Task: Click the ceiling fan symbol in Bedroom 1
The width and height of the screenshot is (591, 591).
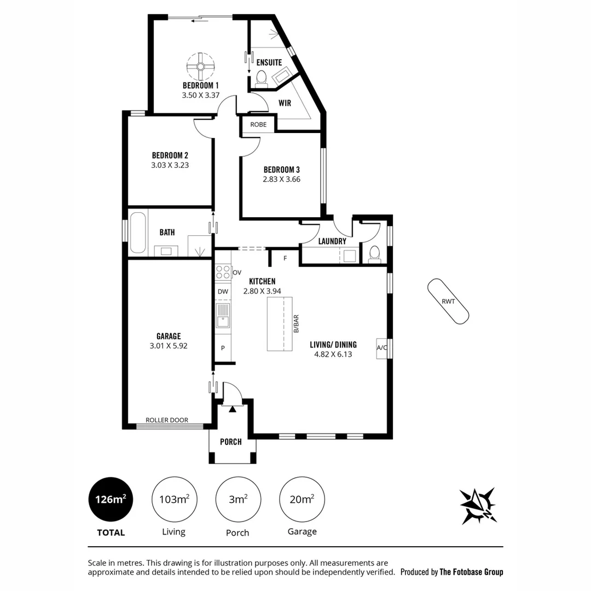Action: point(200,67)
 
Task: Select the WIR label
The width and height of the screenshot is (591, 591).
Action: point(285,103)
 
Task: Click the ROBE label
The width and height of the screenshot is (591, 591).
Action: point(258,124)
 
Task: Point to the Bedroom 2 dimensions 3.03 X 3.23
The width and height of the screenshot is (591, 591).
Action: point(170,165)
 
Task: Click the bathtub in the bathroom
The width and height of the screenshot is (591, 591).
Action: point(137,233)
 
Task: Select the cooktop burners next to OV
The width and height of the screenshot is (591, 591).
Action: point(223,272)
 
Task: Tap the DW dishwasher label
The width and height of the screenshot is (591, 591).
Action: point(223,291)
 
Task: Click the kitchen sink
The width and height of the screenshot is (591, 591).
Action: point(223,316)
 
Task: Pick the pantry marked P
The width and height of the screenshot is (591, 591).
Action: point(223,348)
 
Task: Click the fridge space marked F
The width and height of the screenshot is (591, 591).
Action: point(285,258)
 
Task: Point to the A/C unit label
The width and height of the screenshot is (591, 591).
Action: point(381,347)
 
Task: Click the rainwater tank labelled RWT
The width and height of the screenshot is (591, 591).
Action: point(448,301)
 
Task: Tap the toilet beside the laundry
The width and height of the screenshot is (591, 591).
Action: point(374,254)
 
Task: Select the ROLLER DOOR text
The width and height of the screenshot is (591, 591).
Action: point(167,420)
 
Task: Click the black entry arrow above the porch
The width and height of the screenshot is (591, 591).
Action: point(233,409)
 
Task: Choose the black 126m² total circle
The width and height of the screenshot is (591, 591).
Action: point(111,500)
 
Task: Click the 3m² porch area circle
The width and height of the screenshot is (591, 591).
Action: point(238,500)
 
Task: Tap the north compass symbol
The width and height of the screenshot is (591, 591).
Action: point(478,506)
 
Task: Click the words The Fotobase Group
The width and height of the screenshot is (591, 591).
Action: point(471,572)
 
